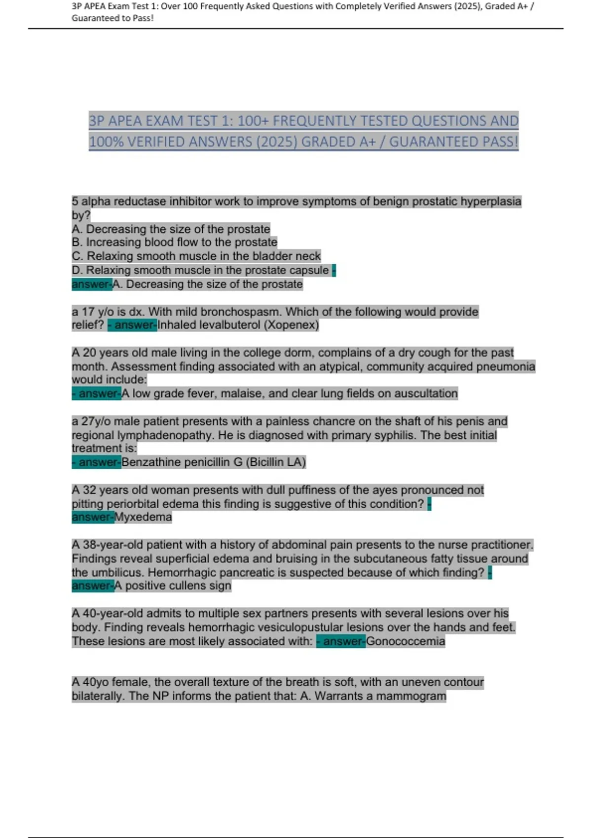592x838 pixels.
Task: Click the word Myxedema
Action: click(143, 517)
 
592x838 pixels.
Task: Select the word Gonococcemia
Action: click(406, 641)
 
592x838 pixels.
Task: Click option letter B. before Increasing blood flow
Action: click(77, 243)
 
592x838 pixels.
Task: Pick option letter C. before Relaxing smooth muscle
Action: click(77, 256)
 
